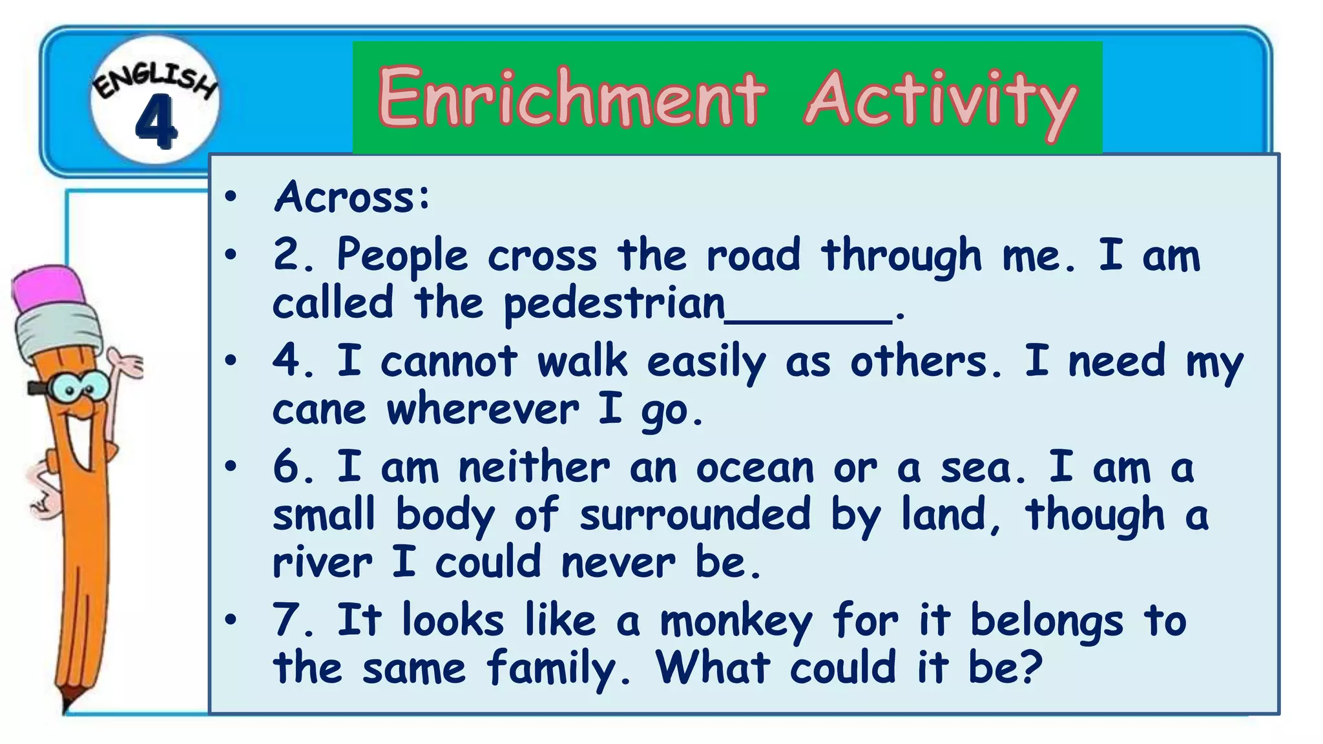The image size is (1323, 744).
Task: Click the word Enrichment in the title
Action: [572, 98]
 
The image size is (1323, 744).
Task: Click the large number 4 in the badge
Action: [156, 121]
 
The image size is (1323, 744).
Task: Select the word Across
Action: [352, 196]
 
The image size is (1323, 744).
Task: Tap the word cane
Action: [319, 410]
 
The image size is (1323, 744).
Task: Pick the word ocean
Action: [755, 468]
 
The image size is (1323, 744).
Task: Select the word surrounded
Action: [694, 515]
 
